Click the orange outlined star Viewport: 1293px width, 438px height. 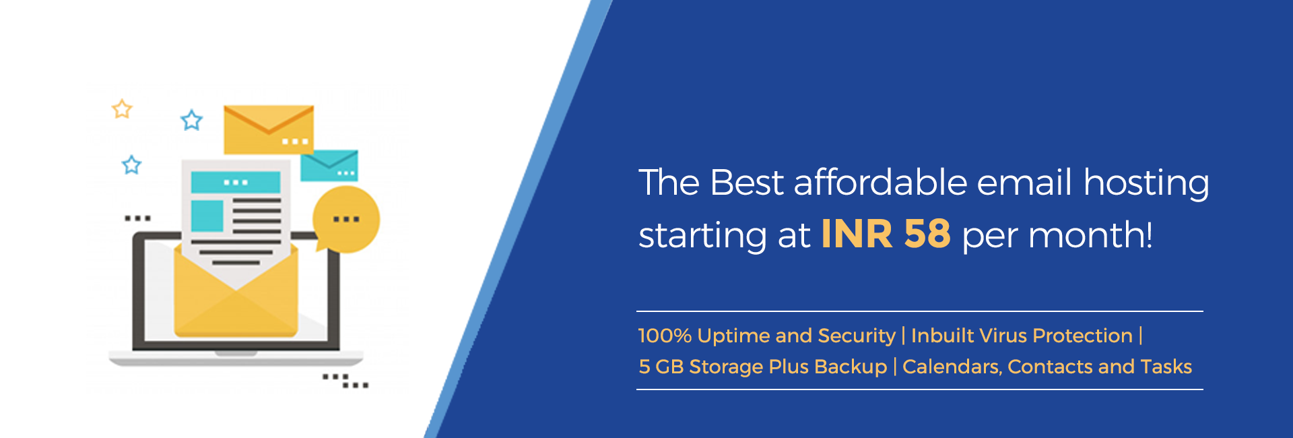point(122,109)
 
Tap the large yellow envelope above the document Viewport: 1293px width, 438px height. point(269,129)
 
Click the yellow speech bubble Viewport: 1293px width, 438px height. point(346,219)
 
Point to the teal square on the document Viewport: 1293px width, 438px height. point(207,216)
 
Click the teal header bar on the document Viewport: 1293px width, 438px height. point(236,182)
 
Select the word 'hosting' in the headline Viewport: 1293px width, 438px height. point(1146,184)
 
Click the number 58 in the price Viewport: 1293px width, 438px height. point(927,234)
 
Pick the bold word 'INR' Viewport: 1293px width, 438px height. point(857,234)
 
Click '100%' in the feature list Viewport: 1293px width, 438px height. point(665,336)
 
